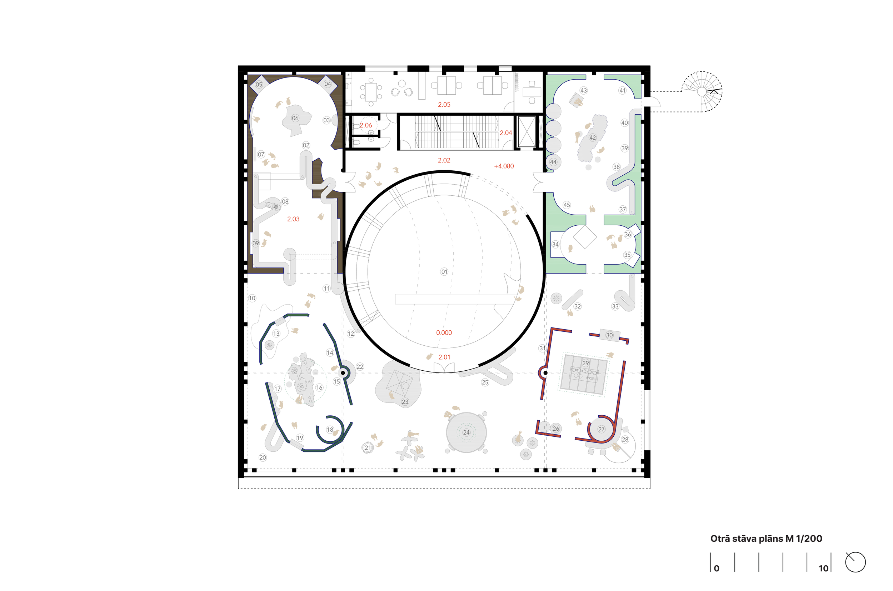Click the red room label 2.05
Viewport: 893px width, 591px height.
coord(444,105)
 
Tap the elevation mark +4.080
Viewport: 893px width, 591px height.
coord(504,166)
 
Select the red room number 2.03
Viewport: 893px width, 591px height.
coord(293,219)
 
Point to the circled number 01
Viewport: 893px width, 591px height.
coord(444,272)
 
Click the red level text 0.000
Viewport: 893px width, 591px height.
coord(444,333)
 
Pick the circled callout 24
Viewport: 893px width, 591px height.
coord(466,432)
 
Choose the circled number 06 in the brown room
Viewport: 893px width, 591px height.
coord(295,118)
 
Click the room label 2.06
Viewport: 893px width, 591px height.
coord(365,125)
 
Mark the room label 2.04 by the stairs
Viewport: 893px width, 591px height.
coord(505,133)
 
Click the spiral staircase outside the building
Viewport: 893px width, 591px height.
coord(702,91)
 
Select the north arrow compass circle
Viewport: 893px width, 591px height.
coord(855,562)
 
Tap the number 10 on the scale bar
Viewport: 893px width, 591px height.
coord(823,569)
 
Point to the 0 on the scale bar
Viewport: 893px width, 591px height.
coord(716,569)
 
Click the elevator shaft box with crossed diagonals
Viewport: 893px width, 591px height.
coord(527,131)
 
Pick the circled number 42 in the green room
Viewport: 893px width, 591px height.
coord(592,137)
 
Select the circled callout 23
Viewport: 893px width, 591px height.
coord(405,402)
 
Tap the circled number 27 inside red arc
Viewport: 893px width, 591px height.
coord(601,429)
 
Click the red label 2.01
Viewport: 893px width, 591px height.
coord(444,357)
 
